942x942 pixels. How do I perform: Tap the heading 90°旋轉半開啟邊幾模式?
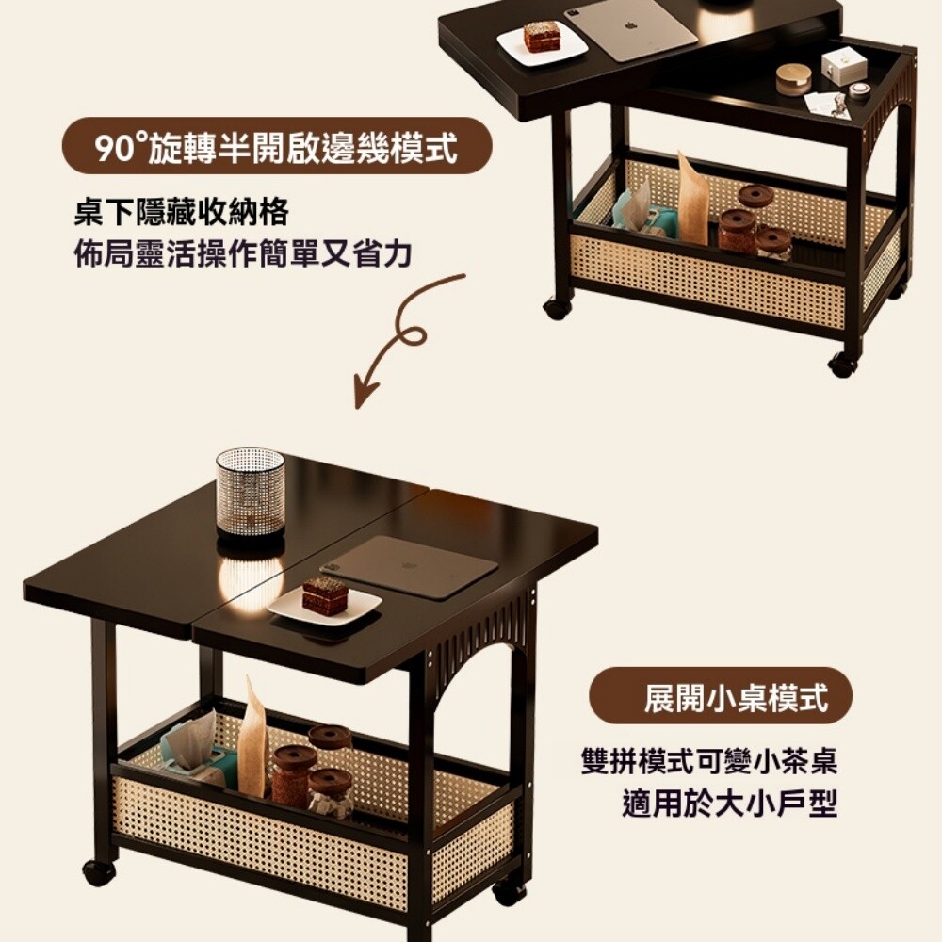click(277, 147)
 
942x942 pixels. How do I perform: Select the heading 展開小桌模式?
click(736, 697)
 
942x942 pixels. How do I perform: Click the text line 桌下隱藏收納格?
click(182, 212)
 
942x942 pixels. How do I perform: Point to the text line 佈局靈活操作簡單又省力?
click(243, 252)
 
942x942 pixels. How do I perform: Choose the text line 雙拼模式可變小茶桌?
click(709, 760)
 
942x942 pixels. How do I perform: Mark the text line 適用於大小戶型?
click(729, 803)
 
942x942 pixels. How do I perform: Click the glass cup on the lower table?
click(250, 492)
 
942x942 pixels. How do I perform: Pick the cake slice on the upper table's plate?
click(542, 37)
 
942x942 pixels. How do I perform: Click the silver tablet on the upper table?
click(638, 30)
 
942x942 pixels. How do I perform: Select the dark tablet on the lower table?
click(410, 566)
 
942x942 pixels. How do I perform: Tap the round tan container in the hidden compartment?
click(793, 79)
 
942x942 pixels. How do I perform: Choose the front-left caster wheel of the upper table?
click(558, 308)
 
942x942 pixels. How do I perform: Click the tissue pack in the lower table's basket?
click(196, 751)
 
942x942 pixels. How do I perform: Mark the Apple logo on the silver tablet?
click(630, 26)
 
